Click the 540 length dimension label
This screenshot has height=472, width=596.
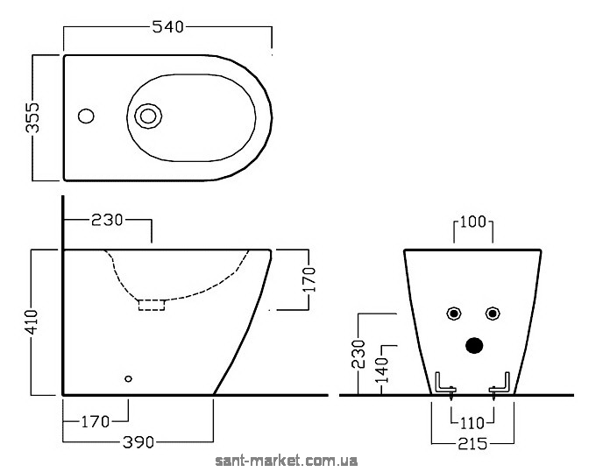click(x=168, y=27)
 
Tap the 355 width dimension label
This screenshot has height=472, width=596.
click(x=32, y=117)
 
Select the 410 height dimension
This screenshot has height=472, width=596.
click(x=32, y=322)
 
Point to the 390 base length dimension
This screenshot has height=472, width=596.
click(x=138, y=442)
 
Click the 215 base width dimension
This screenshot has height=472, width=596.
click(x=472, y=443)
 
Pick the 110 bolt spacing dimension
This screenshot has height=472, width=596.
click(x=472, y=423)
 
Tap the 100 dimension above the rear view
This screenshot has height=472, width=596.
click(x=472, y=222)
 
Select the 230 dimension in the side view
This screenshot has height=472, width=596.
click(x=107, y=220)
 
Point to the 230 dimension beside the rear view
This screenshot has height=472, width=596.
click(x=358, y=354)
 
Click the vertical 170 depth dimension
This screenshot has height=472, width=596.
click(x=309, y=279)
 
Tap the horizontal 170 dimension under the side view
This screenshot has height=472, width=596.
click(x=96, y=421)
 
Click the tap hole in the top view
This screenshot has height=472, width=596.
click(x=86, y=116)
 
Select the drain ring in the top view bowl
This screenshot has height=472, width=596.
click(x=148, y=116)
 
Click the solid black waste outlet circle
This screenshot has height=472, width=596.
click(x=474, y=345)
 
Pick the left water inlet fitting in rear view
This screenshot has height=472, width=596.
click(x=453, y=313)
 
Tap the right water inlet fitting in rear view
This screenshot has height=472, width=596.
click(x=493, y=313)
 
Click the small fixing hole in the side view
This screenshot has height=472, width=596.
click(x=129, y=378)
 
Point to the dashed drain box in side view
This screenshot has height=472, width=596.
click(x=152, y=305)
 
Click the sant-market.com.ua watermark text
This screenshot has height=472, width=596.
click(x=287, y=461)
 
